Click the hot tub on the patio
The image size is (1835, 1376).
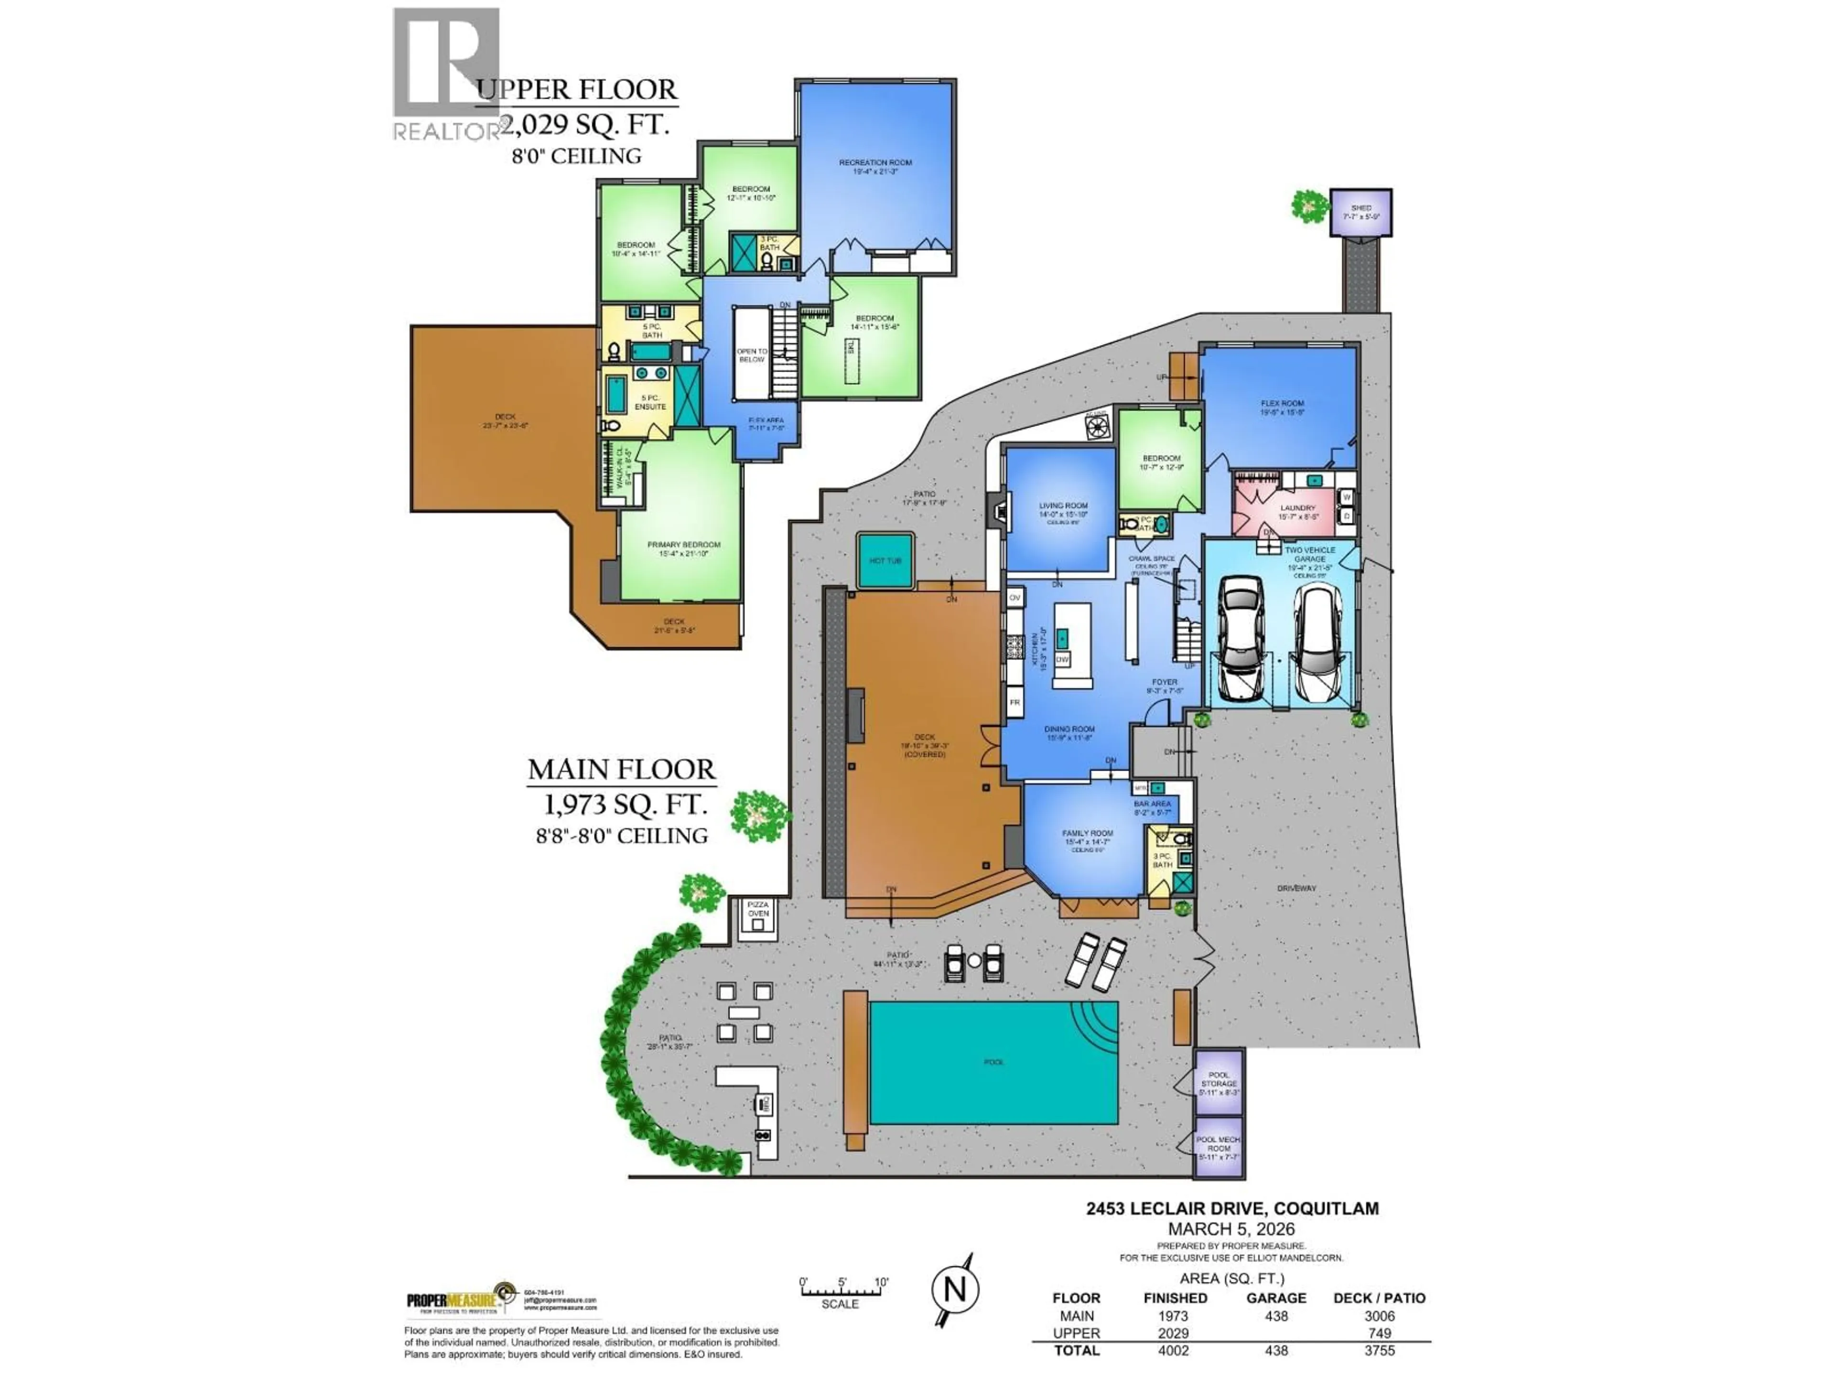(885, 561)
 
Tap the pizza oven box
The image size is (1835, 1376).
(758, 918)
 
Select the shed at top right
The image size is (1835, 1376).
(1360, 212)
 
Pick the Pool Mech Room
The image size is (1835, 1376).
(1219, 1148)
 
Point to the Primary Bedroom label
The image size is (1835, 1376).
(683, 549)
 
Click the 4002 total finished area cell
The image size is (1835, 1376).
(1173, 1350)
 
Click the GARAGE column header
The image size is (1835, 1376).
(1276, 1298)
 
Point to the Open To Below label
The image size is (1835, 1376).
(752, 355)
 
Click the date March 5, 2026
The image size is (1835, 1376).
(1231, 1229)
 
